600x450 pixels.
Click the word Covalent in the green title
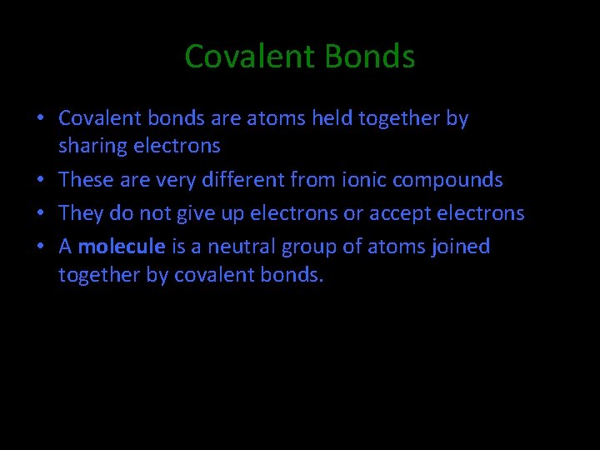250,57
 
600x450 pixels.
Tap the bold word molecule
122,247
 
